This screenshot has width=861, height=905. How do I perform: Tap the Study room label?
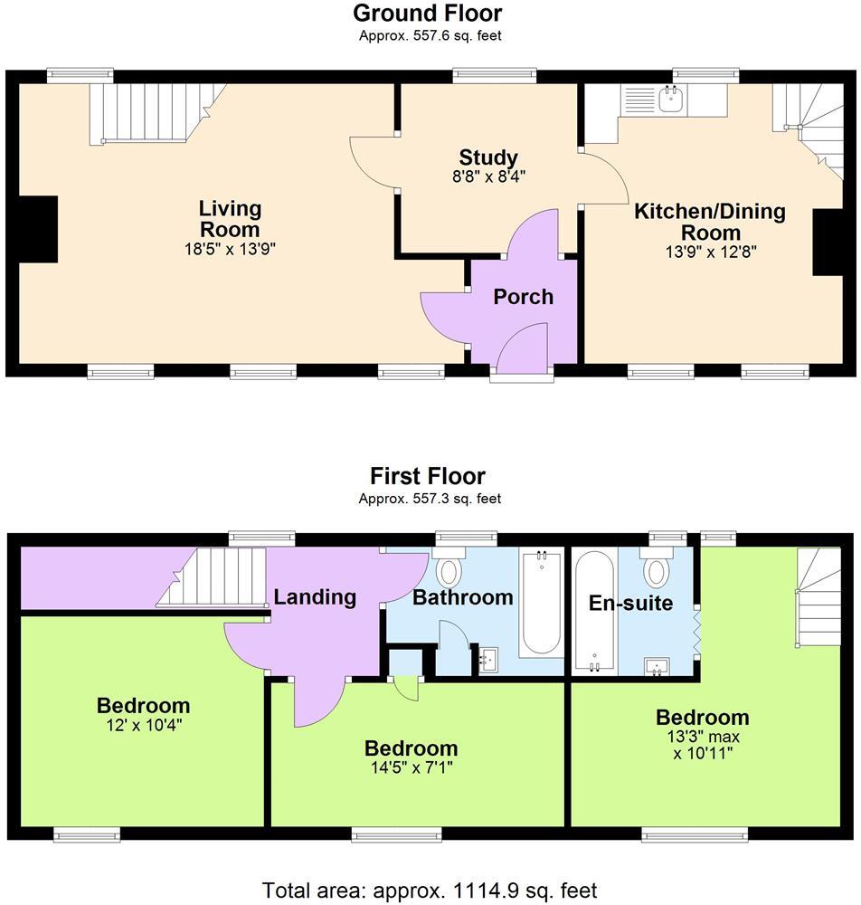coord(487,157)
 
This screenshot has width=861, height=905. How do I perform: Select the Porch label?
coord(523,297)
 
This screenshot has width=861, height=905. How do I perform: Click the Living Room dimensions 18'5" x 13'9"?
coord(230,249)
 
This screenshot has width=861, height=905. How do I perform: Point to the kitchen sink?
coord(671,99)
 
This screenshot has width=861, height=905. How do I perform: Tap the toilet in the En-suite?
coord(656,571)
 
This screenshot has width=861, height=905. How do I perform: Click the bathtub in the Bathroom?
coord(541,603)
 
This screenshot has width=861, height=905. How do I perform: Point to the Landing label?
coord(315,597)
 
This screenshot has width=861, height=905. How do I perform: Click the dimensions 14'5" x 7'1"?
coord(411,768)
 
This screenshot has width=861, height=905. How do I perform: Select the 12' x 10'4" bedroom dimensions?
coord(143,724)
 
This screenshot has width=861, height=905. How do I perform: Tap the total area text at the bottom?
coord(430,890)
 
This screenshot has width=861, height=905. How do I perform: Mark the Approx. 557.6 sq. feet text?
coord(430,36)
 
